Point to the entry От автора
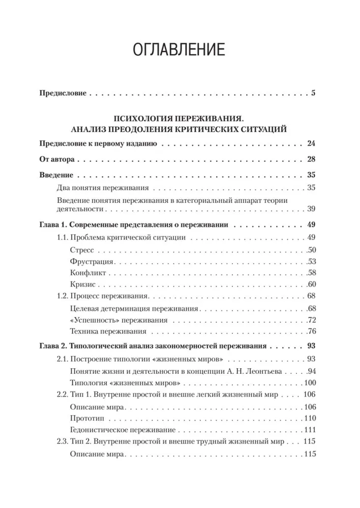coord(57,159)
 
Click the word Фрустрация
coord(89,262)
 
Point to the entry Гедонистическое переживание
coord(118,430)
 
